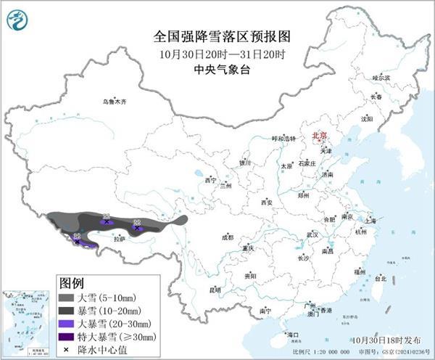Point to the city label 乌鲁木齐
pyautogui.click(x=114, y=102)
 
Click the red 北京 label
pyautogui.click(x=319, y=136)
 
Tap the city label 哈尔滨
pyautogui.click(x=381, y=77)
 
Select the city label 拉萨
pyautogui.click(x=120, y=238)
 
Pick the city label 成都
pyautogui.click(x=228, y=237)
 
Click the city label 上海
pyautogui.click(x=370, y=220)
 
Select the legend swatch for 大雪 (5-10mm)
pyautogui.click(x=67, y=297)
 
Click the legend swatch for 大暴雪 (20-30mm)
pyautogui.click(x=67, y=323)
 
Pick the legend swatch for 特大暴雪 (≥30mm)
pyautogui.click(x=67, y=336)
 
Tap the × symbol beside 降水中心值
pyautogui.click(x=67, y=349)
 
